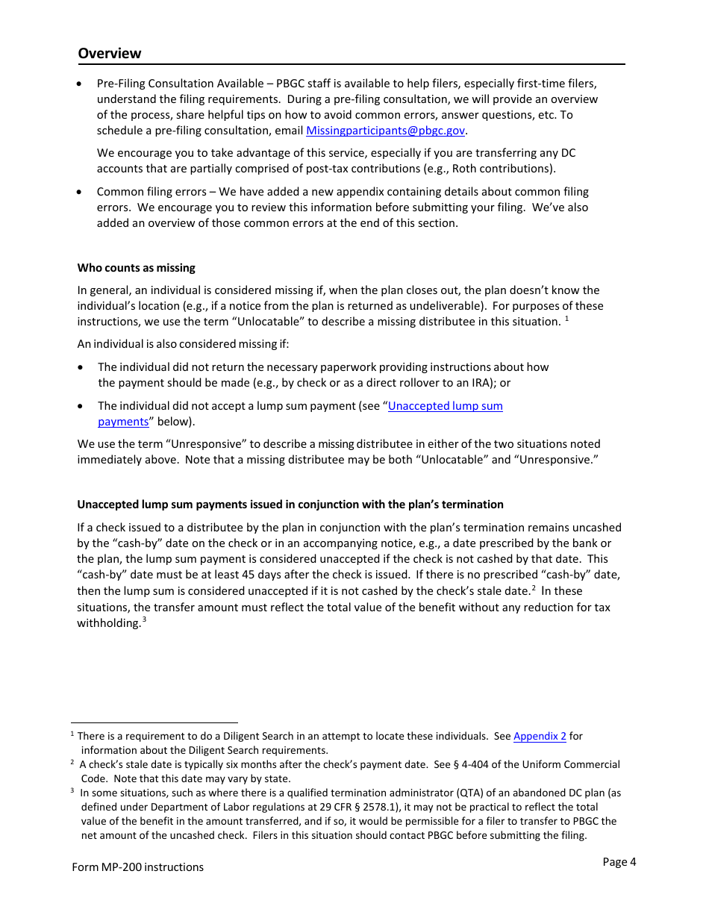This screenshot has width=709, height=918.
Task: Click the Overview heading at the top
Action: tap(109, 53)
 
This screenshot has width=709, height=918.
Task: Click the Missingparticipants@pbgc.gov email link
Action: tap(386, 131)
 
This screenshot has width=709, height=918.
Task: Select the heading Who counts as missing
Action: tap(136, 268)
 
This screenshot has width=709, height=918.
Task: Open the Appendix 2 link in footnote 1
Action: tap(540, 737)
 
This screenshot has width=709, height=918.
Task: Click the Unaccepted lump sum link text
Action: tap(446, 406)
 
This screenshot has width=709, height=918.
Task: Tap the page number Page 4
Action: tap(619, 862)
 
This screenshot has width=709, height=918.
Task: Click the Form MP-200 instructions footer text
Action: tap(137, 867)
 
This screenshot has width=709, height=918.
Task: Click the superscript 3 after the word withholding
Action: tap(144, 620)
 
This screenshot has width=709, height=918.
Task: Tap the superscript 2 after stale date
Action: tap(534, 587)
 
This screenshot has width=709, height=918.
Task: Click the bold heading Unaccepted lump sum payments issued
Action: tap(290, 505)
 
